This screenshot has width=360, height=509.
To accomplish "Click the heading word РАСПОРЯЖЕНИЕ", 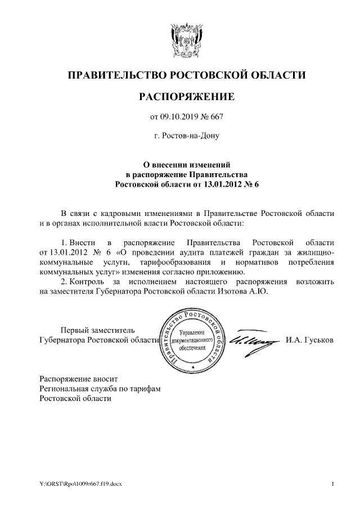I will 186,97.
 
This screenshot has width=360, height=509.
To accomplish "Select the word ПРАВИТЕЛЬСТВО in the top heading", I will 116,75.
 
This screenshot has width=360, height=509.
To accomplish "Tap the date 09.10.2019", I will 180,118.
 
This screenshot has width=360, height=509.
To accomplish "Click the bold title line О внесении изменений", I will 186,164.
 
